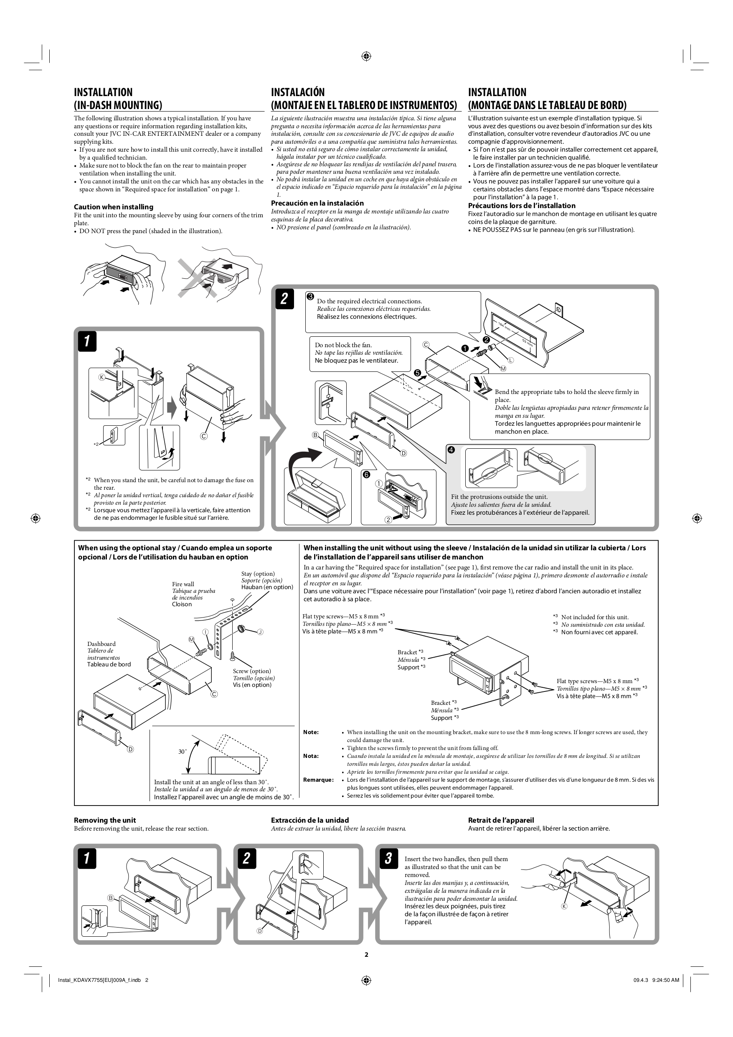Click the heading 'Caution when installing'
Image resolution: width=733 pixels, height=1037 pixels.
[113, 207]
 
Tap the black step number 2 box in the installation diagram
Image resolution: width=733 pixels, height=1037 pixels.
[284, 299]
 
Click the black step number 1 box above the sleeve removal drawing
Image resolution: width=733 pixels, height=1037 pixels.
[87, 341]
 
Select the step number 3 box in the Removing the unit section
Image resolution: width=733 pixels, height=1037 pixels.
[388, 858]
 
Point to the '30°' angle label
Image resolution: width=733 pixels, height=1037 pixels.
[183, 752]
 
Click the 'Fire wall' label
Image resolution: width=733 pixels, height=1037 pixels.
[183, 584]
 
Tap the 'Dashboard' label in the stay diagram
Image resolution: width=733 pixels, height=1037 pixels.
[101, 644]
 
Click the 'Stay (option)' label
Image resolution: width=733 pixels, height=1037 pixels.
[258, 574]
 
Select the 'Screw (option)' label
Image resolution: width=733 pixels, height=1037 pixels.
[252, 671]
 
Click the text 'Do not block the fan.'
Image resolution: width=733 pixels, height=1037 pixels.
[343, 345]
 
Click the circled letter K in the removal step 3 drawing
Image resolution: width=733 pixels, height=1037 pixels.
[564, 907]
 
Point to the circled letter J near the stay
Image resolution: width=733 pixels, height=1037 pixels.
[260, 632]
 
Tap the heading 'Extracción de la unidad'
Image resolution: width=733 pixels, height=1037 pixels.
[310, 820]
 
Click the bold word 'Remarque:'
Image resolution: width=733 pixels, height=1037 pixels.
[318, 780]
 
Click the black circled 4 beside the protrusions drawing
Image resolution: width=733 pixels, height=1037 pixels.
[451, 450]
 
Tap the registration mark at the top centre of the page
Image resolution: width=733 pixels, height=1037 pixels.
[366, 56]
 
